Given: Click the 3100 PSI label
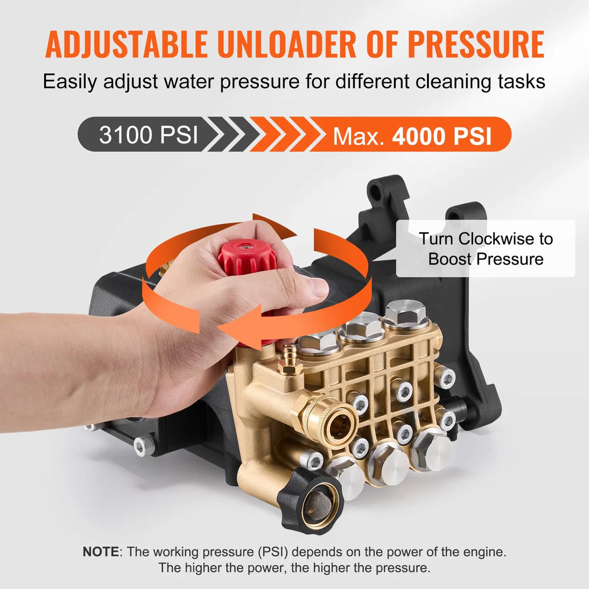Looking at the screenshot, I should (x=148, y=135).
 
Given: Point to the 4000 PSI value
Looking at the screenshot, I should (x=442, y=136).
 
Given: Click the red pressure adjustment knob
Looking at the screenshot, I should (x=247, y=257).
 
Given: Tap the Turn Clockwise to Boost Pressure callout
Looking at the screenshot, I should (x=485, y=249).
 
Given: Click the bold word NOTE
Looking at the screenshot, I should (x=100, y=552).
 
